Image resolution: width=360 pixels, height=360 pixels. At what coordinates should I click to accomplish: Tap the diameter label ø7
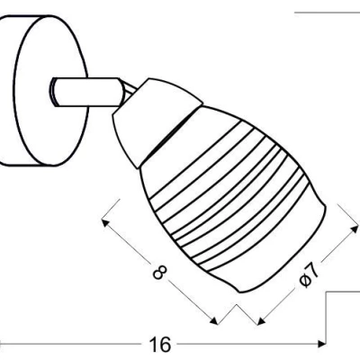(306, 275)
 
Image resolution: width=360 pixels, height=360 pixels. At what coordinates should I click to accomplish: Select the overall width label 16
(160, 344)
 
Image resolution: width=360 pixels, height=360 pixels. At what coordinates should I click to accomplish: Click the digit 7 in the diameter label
(311, 269)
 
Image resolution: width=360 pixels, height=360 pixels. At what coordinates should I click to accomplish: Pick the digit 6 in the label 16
(166, 344)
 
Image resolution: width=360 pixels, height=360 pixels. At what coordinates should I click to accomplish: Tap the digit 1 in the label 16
(154, 344)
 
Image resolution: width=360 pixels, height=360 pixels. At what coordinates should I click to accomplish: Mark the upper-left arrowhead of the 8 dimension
(107, 215)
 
